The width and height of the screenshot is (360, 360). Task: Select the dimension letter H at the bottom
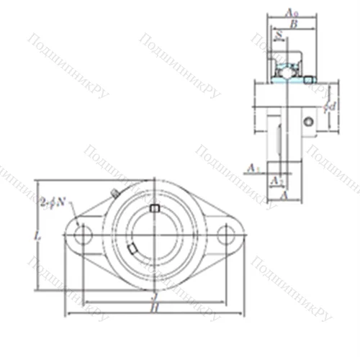pyautogui.click(x=154, y=307)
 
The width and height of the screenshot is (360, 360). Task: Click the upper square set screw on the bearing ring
pyautogui.click(x=153, y=208)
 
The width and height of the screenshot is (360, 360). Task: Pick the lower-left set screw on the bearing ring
pyautogui.click(x=132, y=249)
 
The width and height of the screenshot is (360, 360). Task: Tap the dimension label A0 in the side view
pyautogui.click(x=291, y=13)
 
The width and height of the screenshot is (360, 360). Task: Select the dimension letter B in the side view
pyautogui.click(x=293, y=24)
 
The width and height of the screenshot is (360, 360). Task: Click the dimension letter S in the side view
pyautogui.click(x=279, y=33)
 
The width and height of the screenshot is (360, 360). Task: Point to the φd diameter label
pyautogui.click(x=330, y=106)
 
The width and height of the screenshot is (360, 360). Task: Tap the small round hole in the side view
pyautogui.click(x=308, y=122)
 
